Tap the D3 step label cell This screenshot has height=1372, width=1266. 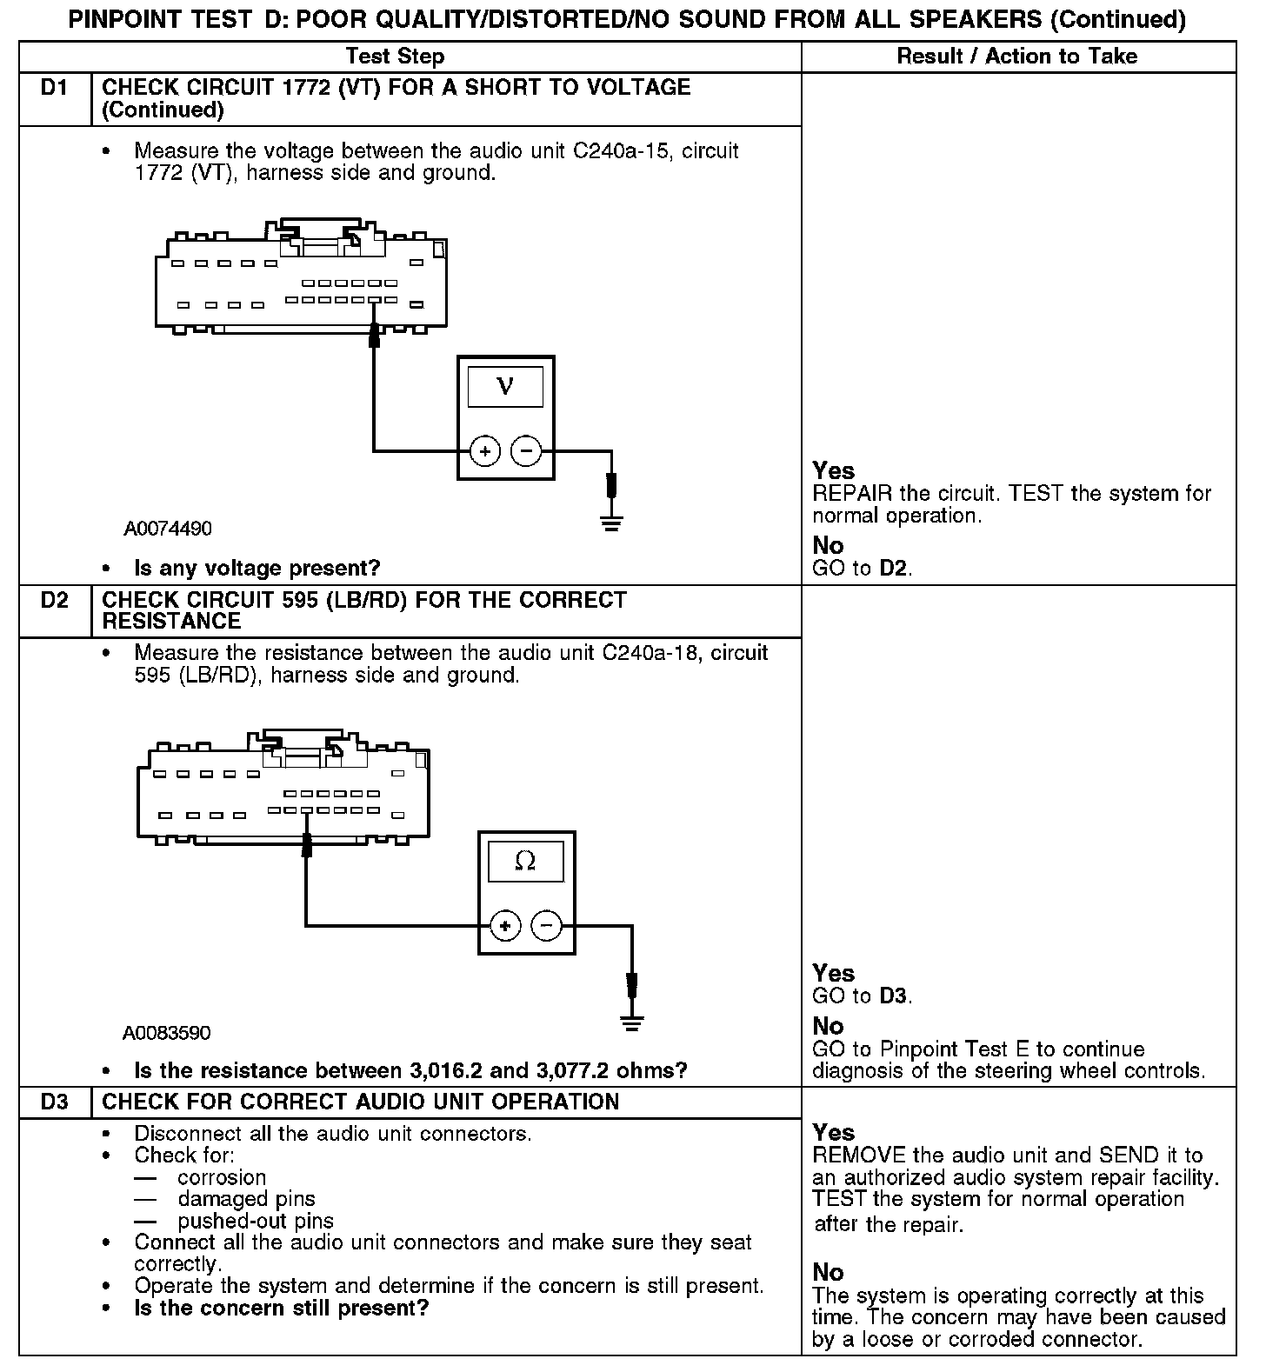pos(54,1102)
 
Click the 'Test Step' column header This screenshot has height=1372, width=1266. pos(395,57)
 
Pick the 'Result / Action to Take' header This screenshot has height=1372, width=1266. pos(1016,57)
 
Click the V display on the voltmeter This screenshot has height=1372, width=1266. pos(505,387)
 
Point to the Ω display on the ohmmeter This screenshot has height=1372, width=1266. pos(525,862)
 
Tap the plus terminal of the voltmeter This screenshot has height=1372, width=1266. pos(485,451)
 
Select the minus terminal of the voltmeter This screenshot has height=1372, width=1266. pos(525,451)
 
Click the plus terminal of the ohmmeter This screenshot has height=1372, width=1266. pos(505,926)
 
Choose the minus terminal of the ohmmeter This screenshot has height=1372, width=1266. pos(546,926)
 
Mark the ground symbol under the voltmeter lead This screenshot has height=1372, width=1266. pos(611,523)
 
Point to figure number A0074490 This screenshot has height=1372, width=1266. pos(168,529)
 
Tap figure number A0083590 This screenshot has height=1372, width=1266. pos(166,1033)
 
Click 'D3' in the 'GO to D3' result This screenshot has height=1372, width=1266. pos(894,996)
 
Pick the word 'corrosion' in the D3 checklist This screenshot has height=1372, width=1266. pos(222,1178)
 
